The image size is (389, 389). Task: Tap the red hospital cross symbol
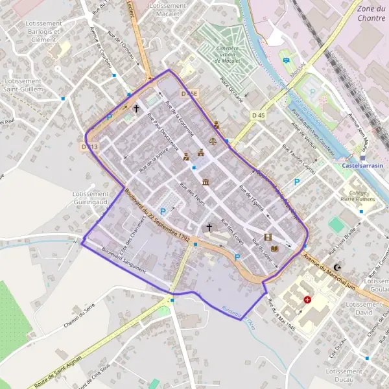coord(308,301)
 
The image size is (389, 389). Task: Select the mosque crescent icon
coord(337,266)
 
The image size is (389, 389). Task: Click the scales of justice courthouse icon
coord(215,141)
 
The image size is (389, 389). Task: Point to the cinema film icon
coord(267,237)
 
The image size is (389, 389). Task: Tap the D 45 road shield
coord(257,115)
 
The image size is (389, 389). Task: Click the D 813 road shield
coord(89,147)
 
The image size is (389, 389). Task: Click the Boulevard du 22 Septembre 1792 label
coord(158,218)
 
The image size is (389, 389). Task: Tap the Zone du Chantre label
coord(371,13)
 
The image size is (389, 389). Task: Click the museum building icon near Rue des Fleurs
coord(206,182)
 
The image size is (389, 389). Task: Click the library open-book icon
coord(274,249)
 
